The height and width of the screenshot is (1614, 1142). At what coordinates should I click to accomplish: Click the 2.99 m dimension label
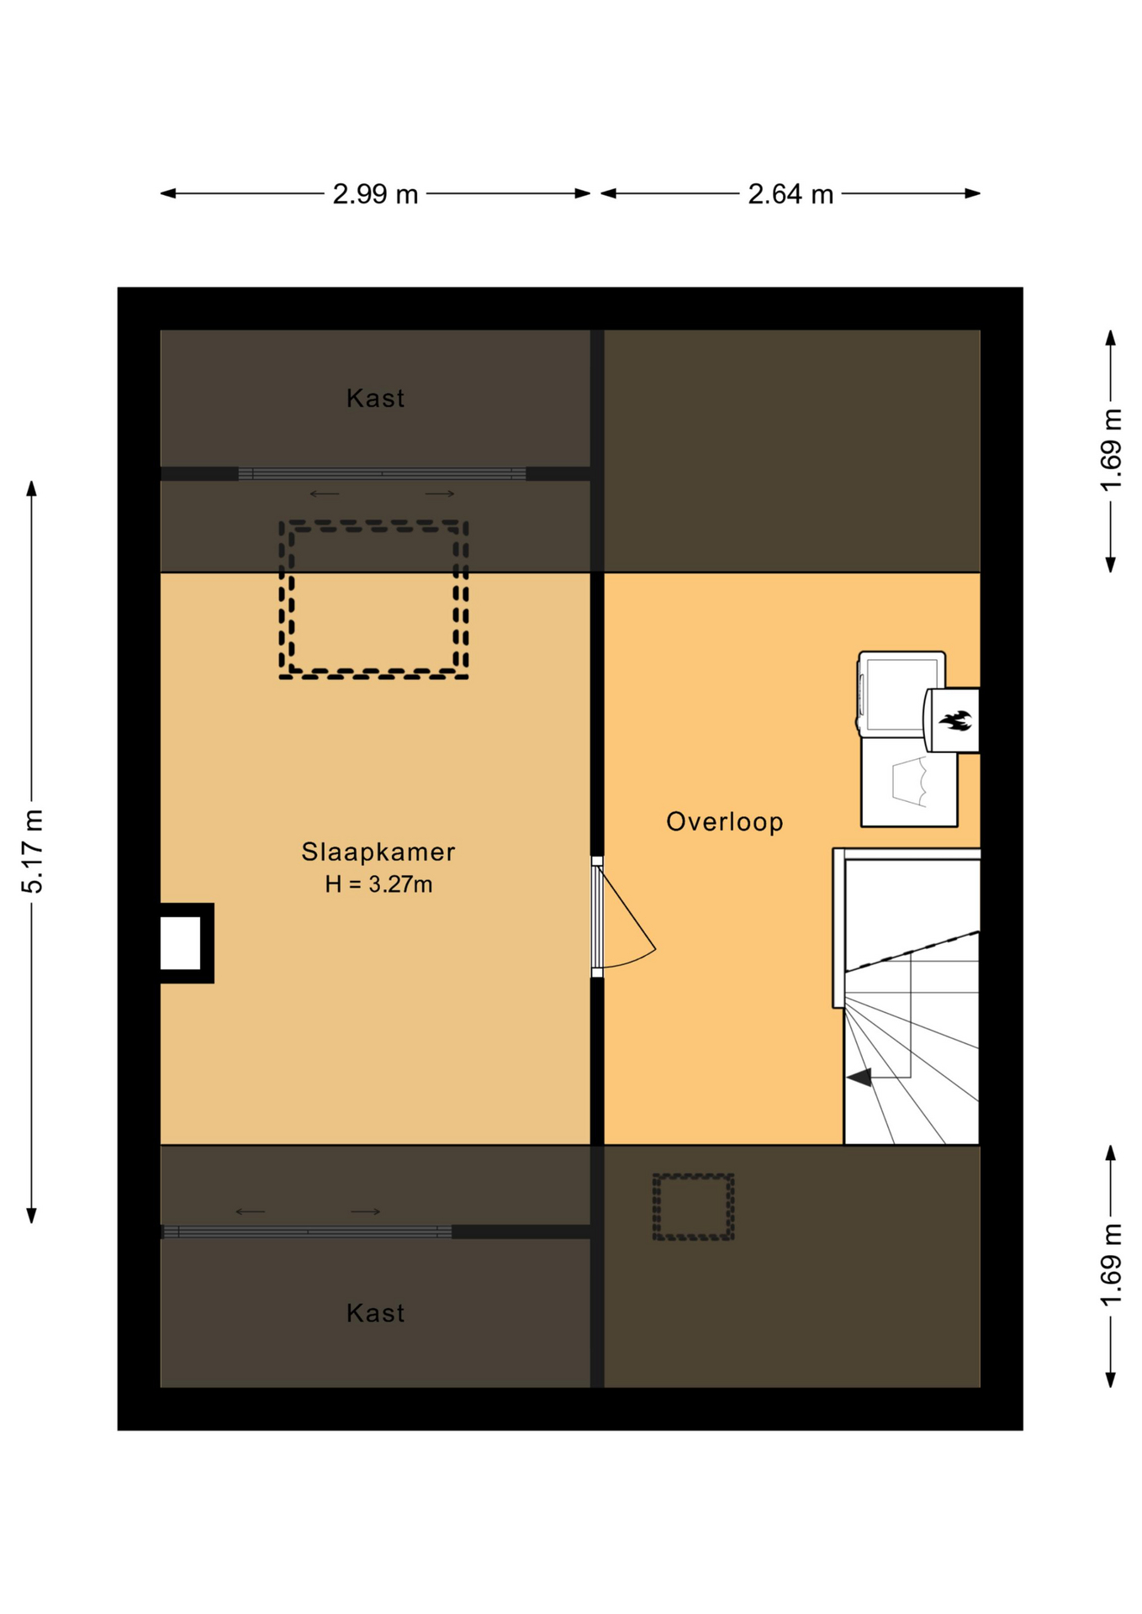click(375, 194)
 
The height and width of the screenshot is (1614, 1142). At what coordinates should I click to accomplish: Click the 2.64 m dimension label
click(790, 194)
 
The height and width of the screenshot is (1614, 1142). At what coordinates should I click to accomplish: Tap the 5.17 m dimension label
click(32, 852)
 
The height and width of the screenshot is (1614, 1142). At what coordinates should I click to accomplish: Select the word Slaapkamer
click(378, 852)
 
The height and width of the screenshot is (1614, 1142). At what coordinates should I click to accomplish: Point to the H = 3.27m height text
click(378, 884)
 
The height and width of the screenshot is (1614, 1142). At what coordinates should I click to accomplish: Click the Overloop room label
click(724, 821)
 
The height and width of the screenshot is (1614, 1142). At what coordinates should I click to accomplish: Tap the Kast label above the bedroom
click(375, 398)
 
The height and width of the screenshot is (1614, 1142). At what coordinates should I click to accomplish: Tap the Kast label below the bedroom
click(375, 1312)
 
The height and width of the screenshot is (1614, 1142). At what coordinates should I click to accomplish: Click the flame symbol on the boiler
click(955, 720)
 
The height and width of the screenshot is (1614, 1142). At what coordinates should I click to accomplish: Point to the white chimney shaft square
click(180, 943)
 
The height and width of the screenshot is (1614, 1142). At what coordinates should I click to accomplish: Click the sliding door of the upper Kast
click(382, 474)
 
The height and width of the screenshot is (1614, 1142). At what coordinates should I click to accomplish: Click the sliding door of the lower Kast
click(307, 1232)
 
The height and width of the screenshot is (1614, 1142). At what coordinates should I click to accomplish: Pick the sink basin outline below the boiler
click(910, 781)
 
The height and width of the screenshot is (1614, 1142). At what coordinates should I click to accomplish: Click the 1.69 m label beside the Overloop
click(1111, 451)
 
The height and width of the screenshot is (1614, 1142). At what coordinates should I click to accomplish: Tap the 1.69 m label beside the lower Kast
click(1111, 1266)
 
